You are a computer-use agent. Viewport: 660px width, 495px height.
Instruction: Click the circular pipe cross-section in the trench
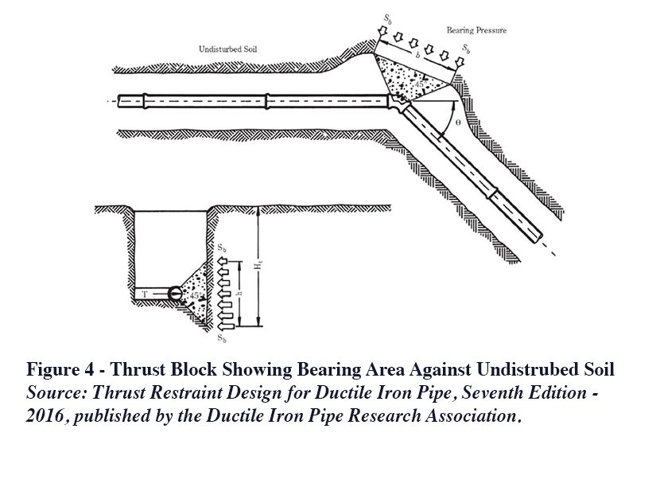(176, 294)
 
